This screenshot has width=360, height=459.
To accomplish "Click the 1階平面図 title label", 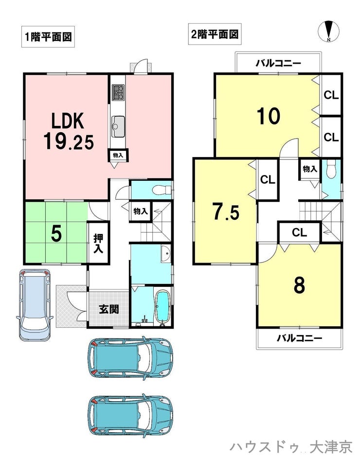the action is click(x=48, y=37).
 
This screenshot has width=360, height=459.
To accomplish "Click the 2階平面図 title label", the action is click(x=215, y=34).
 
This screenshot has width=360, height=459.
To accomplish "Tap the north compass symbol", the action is click(x=329, y=31).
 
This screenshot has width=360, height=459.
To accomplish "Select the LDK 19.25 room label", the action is click(x=69, y=131).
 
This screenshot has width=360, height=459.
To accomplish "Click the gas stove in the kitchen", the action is click(x=118, y=93).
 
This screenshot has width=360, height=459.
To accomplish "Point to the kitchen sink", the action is click(x=118, y=126).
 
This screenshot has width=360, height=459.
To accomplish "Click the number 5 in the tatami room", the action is click(x=56, y=234).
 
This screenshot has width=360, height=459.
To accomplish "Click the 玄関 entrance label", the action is click(x=108, y=309).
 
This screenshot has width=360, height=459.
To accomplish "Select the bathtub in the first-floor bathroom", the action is click(x=162, y=306).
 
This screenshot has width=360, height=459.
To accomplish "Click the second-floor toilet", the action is click(x=331, y=169).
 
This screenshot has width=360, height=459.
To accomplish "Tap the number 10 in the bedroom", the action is click(x=269, y=116).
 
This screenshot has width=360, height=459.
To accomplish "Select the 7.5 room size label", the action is click(x=226, y=212).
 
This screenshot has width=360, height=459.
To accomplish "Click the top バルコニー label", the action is click(x=278, y=63).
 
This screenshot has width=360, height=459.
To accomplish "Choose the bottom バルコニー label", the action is click(x=299, y=338).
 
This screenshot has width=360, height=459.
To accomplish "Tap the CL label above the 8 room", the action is click(x=299, y=233).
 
